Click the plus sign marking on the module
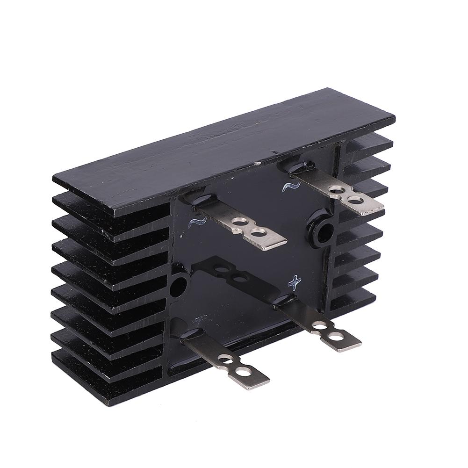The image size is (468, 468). point(295,281)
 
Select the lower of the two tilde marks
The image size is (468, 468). point(197,221)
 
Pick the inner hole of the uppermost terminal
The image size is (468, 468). point(336,191)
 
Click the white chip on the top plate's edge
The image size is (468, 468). point(256,164)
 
